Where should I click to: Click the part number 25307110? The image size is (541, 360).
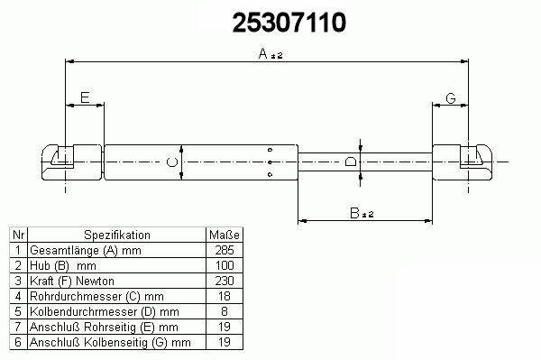pyautogui.click(x=289, y=23)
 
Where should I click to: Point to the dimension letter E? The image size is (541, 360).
pyautogui.click(x=85, y=97)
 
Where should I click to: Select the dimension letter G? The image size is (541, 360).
pyautogui.click(x=451, y=98)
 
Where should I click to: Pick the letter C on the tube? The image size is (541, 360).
pyautogui.click(x=172, y=162)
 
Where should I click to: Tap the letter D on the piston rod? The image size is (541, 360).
pyautogui.click(x=351, y=162)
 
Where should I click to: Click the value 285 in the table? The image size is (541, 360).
pyautogui.click(x=225, y=250)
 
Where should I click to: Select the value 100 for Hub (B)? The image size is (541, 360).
pyautogui.click(x=225, y=265)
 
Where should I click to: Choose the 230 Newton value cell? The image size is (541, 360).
pyautogui.click(x=225, y=281)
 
